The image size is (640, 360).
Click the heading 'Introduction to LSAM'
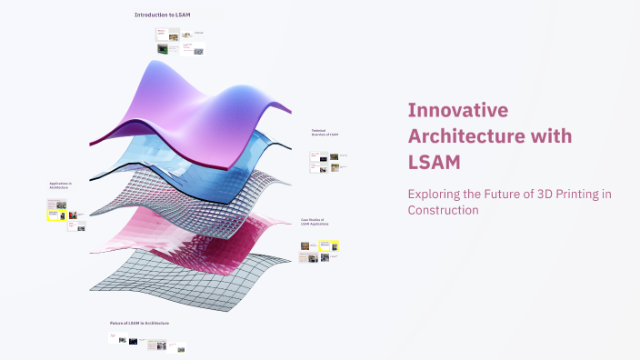click(162, 15)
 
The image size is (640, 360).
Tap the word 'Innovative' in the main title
click(456, 111)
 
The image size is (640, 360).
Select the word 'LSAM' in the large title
click(434, 162)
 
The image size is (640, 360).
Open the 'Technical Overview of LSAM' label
click(325, 133)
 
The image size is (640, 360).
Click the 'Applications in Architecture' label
click(61, 185)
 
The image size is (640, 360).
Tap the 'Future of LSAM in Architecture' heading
click(139, 323)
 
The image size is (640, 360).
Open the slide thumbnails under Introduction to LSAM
click(180, 42)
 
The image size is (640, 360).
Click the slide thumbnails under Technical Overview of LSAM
click(325, 161)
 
